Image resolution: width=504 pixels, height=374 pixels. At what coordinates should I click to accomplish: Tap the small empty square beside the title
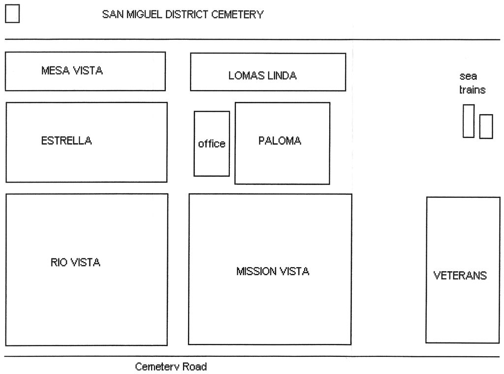12,13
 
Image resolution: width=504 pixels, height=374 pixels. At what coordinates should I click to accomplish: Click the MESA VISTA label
72,70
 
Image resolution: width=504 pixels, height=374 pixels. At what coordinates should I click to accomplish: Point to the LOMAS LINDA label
262,75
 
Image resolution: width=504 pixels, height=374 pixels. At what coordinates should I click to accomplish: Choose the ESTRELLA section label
66,140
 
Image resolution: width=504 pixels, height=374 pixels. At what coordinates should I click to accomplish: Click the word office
212,143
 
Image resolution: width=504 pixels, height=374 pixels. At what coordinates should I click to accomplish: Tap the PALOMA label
280,140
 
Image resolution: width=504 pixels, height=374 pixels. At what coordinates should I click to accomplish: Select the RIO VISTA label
75,262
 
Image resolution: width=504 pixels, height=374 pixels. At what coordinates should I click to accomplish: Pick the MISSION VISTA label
273,271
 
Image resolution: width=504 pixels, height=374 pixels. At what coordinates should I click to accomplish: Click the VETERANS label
460,276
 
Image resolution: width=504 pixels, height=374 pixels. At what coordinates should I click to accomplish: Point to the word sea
468,76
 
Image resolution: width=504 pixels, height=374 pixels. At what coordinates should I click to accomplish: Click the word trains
472,90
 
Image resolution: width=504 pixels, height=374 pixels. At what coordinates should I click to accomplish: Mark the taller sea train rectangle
469,121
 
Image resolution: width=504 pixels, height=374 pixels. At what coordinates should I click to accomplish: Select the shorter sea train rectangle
486,126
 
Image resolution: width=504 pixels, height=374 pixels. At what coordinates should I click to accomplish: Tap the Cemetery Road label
171,367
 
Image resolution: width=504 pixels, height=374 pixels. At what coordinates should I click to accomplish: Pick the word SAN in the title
113,14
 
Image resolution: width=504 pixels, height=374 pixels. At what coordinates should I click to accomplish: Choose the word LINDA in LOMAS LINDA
282,75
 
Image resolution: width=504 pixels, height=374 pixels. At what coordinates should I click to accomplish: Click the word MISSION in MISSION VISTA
256,271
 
